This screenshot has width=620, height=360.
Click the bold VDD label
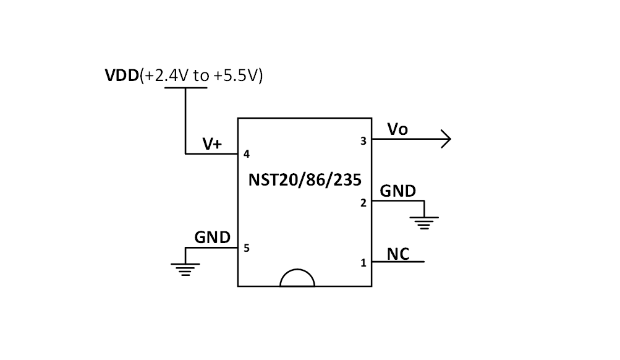coord(122,76)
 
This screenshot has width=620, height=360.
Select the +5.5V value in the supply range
coord(237,76)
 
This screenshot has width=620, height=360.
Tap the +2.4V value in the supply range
coord(166,76)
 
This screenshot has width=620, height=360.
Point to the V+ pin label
coord(212,144)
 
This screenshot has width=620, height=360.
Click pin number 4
coord(247,154)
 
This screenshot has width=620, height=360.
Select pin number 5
coord(247,248)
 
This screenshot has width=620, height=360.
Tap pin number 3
coord(363,141)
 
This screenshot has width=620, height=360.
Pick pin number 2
coord(363,202)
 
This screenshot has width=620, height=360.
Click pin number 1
coord(363,263)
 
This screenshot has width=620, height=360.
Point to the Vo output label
coord(397,129)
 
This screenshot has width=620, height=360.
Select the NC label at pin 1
coord(397,254)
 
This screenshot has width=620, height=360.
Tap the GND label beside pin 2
coord(397,191)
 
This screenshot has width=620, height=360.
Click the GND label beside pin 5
coord(212,238)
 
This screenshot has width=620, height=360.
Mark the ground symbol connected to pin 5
coord(185,269)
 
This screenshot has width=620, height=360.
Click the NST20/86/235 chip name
coord(305,179)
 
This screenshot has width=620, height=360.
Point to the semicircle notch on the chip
coord(297,279)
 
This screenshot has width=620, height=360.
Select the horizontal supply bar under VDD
coord(185,88)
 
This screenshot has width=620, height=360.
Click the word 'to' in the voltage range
coord(202,76)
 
